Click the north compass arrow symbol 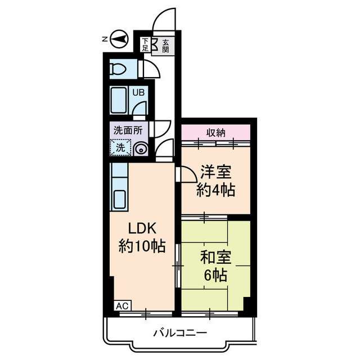click(x=118, y=39)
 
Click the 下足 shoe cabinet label click(x=146, y=45)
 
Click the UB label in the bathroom click(x=138, y=92)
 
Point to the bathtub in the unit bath click(x=119, y=101)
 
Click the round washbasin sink click(x=141, y=148)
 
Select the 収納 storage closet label click(x=215, y=133)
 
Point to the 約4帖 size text click(x=215, y=190)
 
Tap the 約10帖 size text click(x=142, y=246)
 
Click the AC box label click(x=123, y=306)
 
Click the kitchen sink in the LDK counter click(x=120, y=199)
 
